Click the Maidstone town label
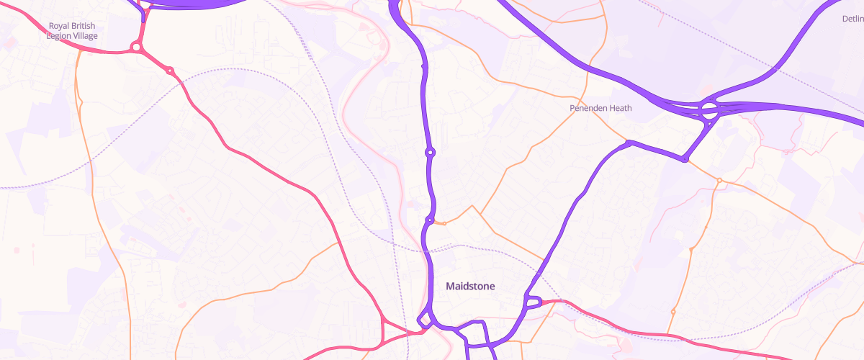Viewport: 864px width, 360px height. [470, 287]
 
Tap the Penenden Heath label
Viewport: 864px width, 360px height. [600, 108]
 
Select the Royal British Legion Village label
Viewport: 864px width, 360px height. [71, 30]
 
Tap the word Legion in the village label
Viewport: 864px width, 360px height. [60, 35]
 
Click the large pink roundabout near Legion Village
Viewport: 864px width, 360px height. [135, 48]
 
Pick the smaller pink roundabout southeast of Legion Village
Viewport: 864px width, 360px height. [170, 71]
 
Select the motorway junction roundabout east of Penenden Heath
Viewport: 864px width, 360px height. [708, 111]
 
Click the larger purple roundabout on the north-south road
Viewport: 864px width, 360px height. [430, 152]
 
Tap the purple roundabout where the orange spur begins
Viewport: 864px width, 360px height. [429, 220]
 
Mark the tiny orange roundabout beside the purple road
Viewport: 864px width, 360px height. [444, 224]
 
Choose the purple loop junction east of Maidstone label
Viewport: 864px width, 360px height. [534, 302]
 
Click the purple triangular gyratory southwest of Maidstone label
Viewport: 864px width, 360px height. [425, 319]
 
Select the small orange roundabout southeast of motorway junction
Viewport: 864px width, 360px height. [719, 180]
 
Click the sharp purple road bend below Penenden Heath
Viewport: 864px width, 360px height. [629, 142]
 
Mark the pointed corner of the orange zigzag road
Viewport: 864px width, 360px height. [472, 206]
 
